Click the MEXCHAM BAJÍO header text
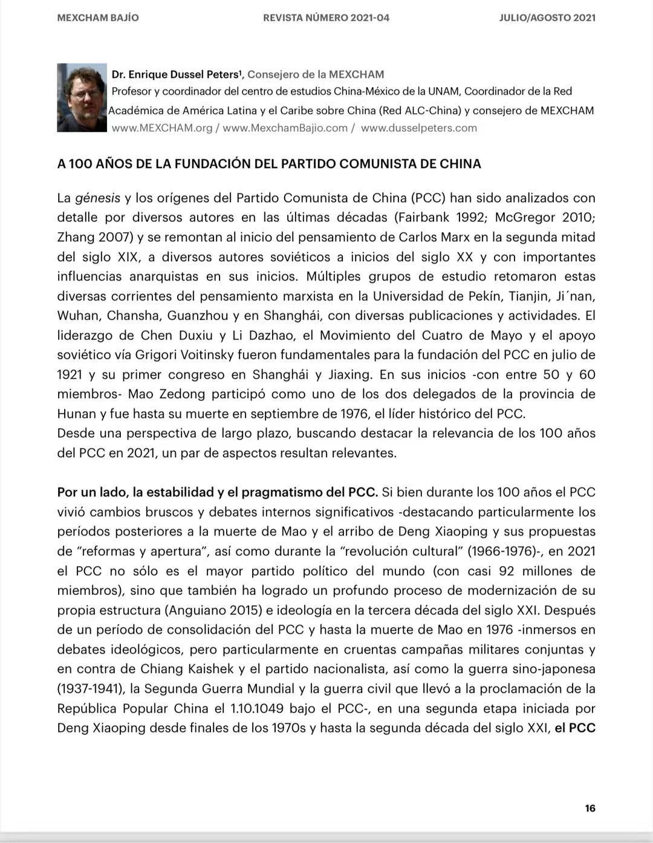(x=98, y=18)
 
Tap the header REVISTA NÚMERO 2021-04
(x=326, y=18)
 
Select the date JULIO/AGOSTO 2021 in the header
(x=547, y=18)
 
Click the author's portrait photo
(x=82, y=97)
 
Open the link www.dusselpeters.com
(x=418, y=128)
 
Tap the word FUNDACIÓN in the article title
(x=207, y=164)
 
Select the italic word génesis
(x=97, y=198)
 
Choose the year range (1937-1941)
(x=91, y=689)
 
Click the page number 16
(x=590, y=809)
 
